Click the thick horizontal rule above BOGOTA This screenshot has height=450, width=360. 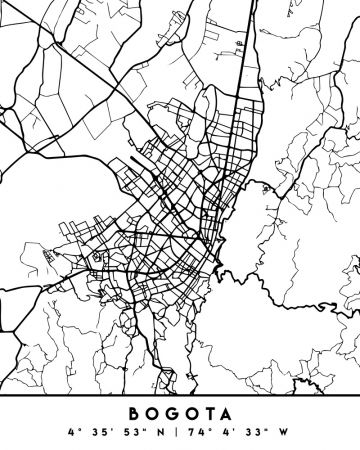tap(180, 397)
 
